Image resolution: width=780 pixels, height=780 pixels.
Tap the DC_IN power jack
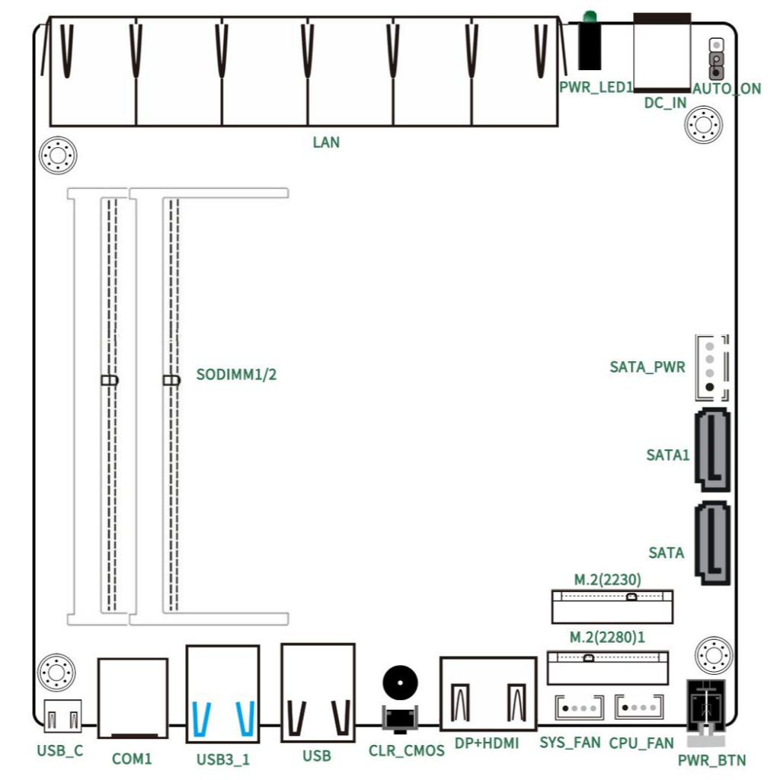coord(662,53)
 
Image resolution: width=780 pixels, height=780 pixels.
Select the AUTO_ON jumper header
coord(716,59)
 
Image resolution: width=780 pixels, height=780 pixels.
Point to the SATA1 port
coord(712,449)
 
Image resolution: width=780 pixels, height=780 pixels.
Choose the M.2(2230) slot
coord(612,606)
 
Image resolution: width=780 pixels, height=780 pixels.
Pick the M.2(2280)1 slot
coord(607,667)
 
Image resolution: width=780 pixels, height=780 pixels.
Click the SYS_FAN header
coord(579,708)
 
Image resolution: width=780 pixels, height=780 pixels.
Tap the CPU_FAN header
coord(639,707)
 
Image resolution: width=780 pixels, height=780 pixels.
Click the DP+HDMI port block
coord(488,693)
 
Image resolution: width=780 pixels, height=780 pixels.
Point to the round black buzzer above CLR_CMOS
coord(401,682)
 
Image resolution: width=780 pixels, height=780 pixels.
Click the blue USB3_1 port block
coord(223,694)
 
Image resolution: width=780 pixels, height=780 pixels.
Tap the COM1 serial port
coord(133,698)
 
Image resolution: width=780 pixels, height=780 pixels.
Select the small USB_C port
coord(62,716)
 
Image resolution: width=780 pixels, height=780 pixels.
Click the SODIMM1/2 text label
coord(236,374)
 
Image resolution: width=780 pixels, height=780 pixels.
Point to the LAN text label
coord(326,142)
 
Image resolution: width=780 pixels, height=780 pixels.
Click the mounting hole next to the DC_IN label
coord(703,124)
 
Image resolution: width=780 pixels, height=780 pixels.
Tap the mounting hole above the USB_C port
coord(56,673)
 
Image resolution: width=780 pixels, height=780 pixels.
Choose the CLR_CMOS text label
coord(407,750)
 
